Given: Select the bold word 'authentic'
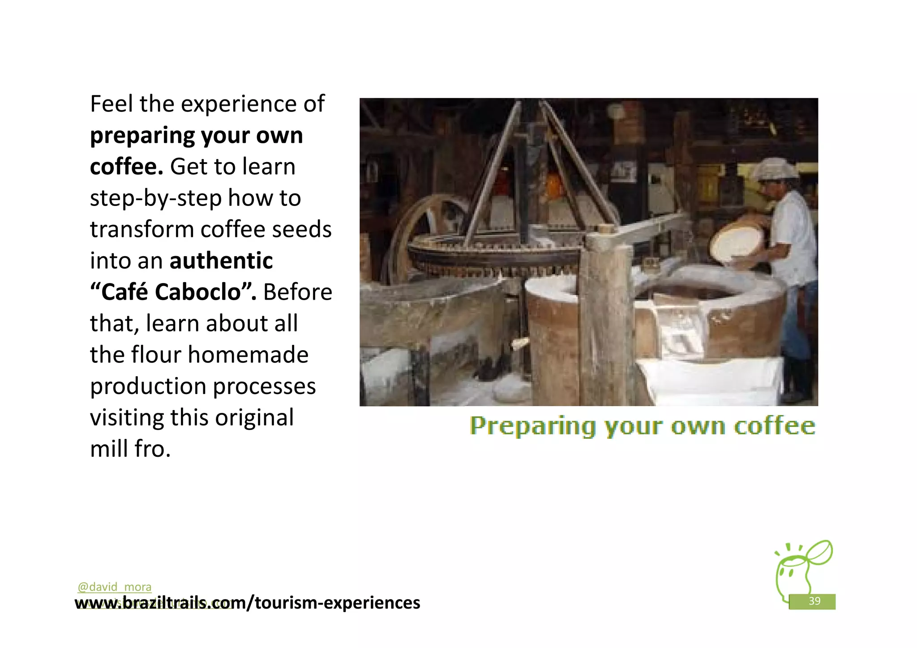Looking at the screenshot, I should (x=221, y=261).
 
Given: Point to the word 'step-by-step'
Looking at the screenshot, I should (x=155, y=198).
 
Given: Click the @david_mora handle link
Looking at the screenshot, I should (x=114, y=587).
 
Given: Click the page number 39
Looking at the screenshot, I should (x=814, y=601).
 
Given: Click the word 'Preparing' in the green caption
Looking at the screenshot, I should (x=533, y=426).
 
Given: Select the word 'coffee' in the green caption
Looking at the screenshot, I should (x=774, y=426).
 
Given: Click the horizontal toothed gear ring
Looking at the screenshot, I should (x=493, y=257).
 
